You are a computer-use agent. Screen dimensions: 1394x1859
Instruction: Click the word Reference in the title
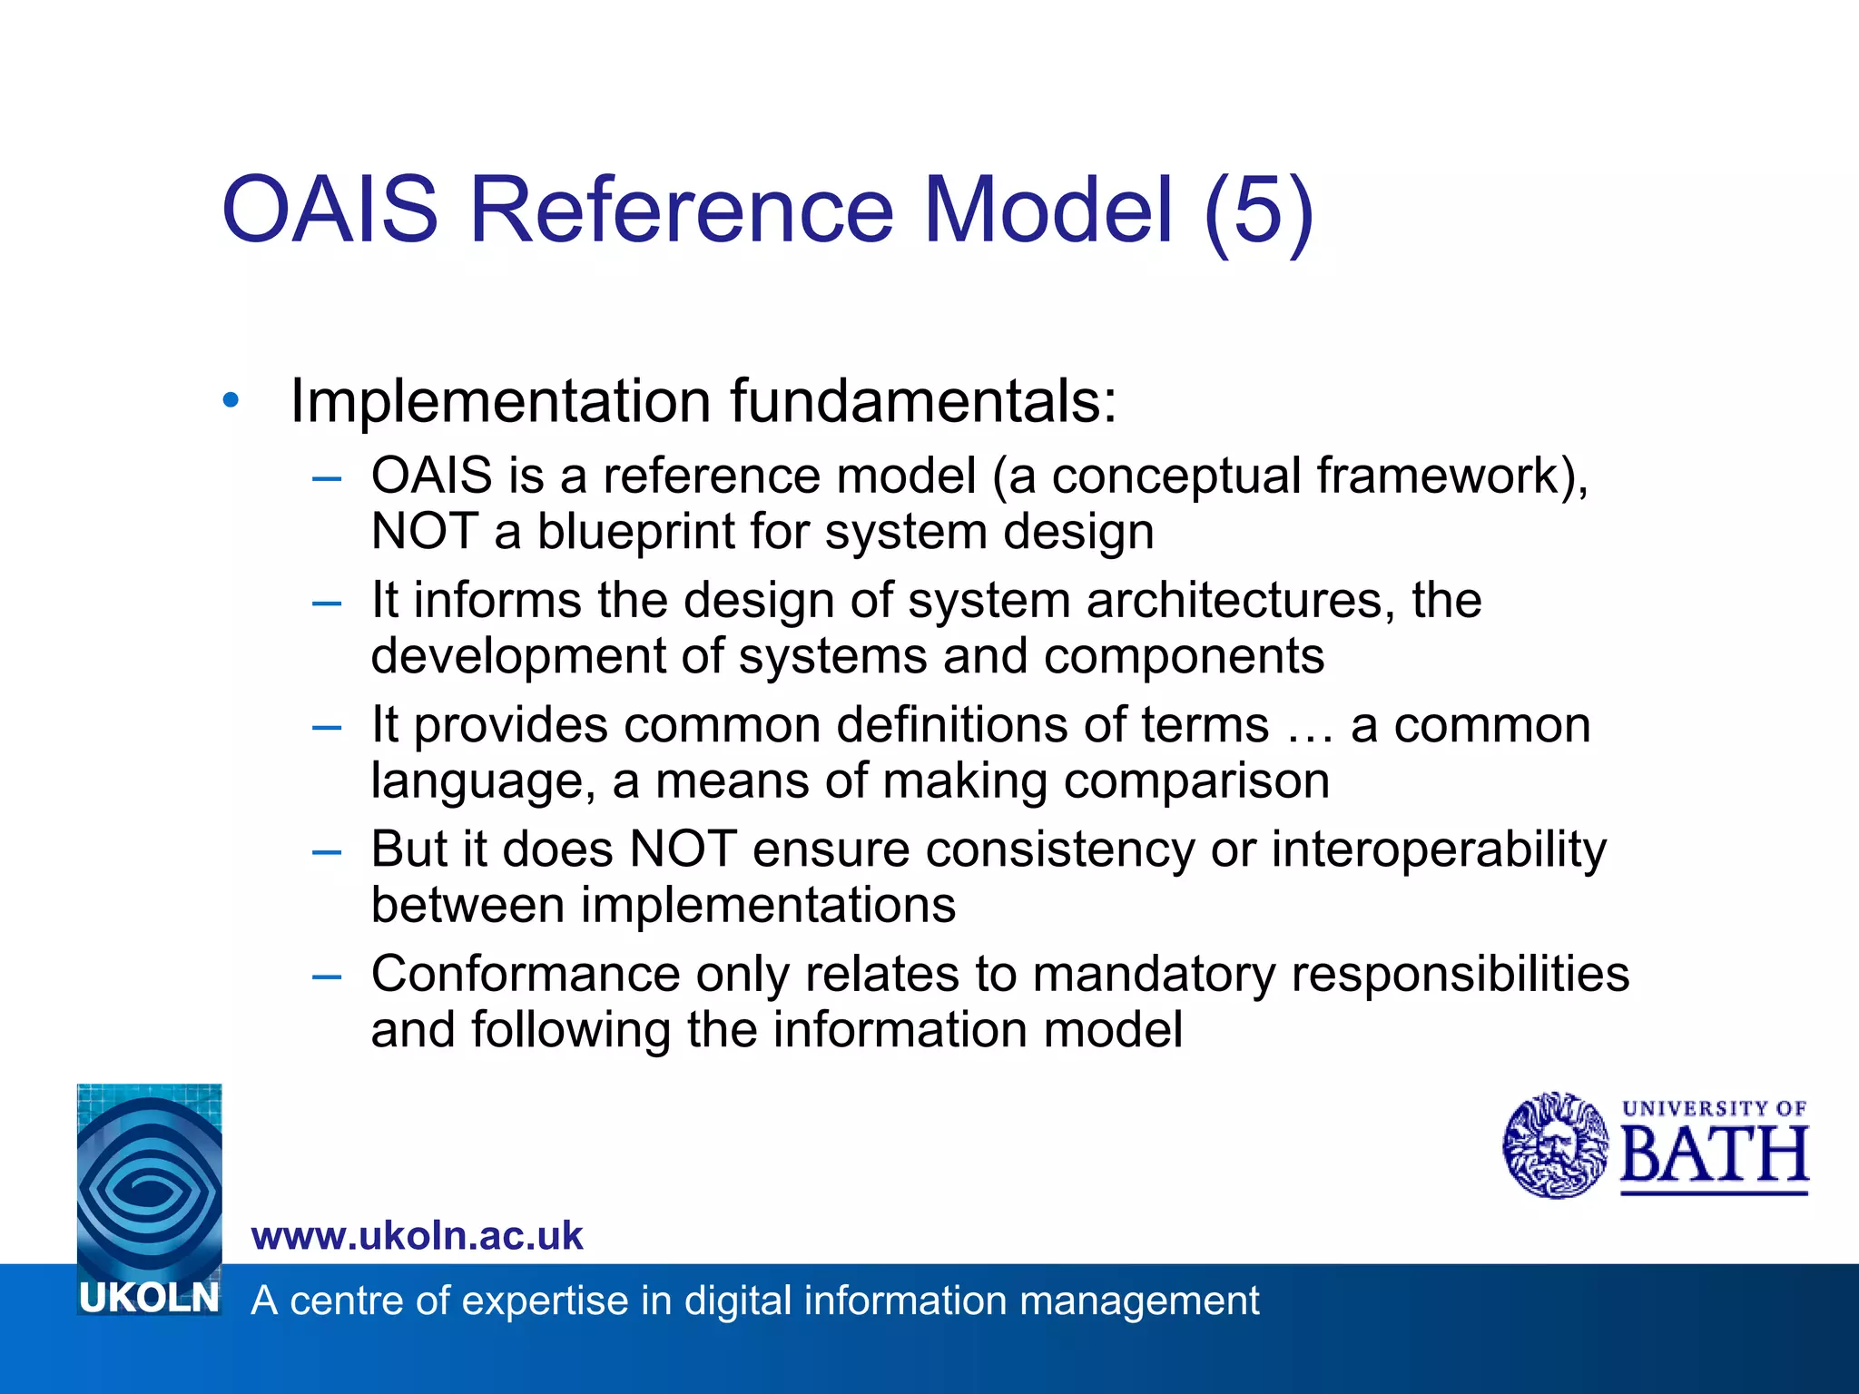tap(681, 211)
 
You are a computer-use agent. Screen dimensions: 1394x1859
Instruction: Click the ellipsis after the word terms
tap(1310, 726)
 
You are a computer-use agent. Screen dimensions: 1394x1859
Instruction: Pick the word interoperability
tap(1438, 850)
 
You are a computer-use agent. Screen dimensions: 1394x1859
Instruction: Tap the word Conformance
tap(525, 975)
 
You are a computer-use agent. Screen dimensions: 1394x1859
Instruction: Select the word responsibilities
tap(1460, 975)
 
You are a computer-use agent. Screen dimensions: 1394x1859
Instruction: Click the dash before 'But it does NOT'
tap(326, 851)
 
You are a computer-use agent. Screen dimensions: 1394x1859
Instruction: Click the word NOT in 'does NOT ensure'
tap(683, 850)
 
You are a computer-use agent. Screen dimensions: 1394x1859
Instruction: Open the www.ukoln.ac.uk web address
tap(417, 1236)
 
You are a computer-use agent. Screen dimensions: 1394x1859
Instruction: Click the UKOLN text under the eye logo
tap(149, 1299)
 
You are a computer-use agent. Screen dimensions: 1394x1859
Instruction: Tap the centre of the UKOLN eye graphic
tap(148, 1180)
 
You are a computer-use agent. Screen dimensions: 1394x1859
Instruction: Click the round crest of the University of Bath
tap(1555, 1145)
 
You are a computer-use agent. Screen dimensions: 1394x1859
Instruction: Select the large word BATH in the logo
tap(1714, 1156)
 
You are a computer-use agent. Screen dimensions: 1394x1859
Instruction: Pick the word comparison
tap(1195, 781)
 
